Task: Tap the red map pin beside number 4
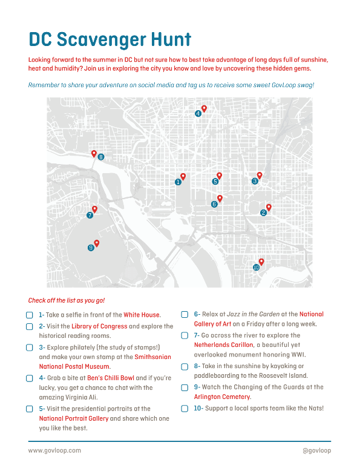coord(204,108)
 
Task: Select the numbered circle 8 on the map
coord(101,157)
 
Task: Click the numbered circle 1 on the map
coord(178,182)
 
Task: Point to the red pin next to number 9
coord(97,243)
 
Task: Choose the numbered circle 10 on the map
coord(256,268)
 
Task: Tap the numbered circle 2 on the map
coord(263,212)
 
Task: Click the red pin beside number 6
coord(220,198)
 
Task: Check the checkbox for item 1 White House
coord(29,315)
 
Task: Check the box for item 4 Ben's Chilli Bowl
coord(29,378)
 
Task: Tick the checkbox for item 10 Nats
coord(185,409)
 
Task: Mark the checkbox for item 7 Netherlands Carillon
coord(185,335)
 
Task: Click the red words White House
coord(142,315)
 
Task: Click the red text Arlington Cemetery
coord(222,397)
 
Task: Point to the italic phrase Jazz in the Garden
coord(249,314)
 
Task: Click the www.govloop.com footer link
coord(54,450)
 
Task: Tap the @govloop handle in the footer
coord(316,450)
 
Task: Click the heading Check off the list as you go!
coord(67,300)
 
